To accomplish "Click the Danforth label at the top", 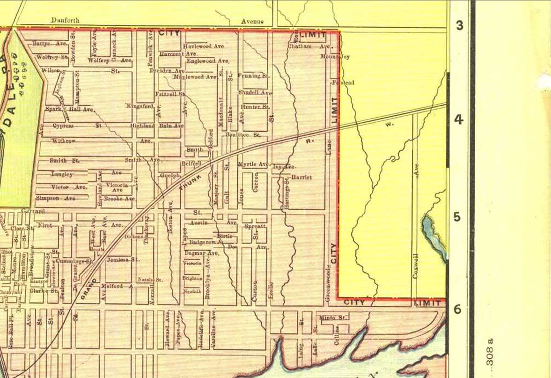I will (65, 20).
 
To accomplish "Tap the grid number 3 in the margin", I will (460, 25).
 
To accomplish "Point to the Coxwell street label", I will (415, 267).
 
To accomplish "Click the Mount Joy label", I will (335, 57).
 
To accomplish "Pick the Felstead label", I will (343, 83).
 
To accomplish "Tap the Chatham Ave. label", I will (309, 47).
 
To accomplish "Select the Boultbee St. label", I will (242, 134).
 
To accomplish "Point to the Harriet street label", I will (301, 178).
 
